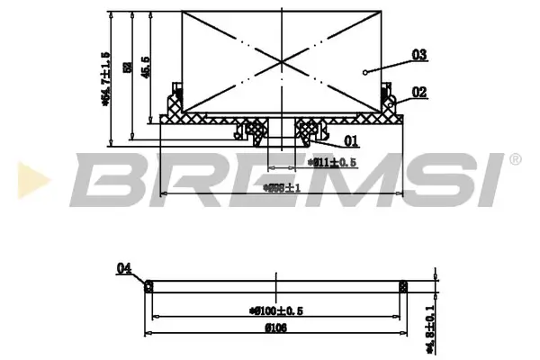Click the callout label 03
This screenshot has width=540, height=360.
point(418,55)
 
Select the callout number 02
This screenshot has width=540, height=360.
point(418,92)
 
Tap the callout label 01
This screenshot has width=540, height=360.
point(351,140)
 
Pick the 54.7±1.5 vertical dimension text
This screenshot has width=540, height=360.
point(105,78)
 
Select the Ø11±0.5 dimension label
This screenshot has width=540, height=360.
point(334,163)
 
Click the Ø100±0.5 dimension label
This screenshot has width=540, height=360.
point(275,310)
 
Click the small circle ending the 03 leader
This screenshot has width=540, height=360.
point(364,72)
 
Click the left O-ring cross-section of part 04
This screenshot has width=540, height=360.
point(150,286)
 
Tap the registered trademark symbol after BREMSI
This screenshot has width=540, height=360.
point(514,160)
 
